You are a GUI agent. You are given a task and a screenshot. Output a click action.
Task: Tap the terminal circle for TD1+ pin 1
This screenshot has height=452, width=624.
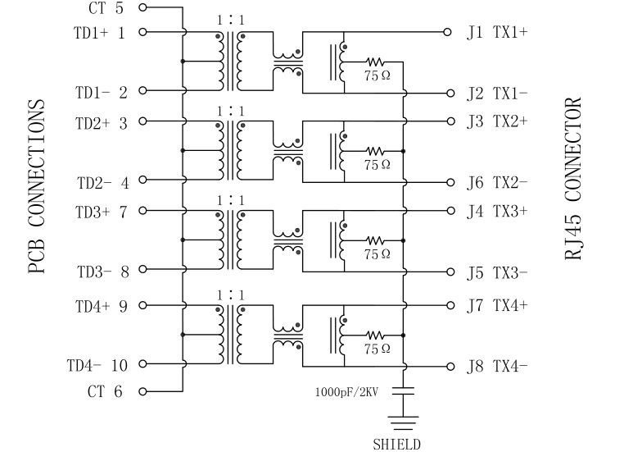click(x=143, y=33)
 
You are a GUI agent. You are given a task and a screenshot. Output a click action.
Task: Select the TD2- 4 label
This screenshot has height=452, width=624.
click(x=102, y=182)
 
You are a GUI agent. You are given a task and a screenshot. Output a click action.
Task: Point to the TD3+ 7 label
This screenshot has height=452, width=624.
click(x=102, y=212)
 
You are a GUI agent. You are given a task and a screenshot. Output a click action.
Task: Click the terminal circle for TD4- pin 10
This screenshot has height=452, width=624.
click(x=143, y=365)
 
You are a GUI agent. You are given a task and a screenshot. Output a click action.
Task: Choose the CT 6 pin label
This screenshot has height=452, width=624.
click(x=105, y=392)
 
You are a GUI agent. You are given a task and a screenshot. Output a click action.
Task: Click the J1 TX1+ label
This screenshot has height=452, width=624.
click(x=497, y=33)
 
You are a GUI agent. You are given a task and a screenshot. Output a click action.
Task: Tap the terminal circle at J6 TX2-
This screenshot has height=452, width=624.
click(x=448, y=182)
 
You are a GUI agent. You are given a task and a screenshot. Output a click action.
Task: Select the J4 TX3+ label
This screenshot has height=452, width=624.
click(x=497, y=211)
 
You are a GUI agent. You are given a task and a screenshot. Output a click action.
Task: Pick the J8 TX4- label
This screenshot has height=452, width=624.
click(x=497, y=367)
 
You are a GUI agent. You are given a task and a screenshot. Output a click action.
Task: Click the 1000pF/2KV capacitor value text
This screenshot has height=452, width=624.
click(x=350, y=392)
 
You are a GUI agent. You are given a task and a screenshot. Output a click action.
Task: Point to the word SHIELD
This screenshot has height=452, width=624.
click(x=396, y=445)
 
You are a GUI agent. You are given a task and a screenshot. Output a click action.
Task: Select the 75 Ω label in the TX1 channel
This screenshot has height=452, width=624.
click(x=378, y=75)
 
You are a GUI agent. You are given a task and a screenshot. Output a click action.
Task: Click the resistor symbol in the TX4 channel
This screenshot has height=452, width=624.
click(x=375, y=335)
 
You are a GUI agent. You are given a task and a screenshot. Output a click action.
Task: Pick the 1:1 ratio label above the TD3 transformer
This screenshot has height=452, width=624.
click(x=230, y=199)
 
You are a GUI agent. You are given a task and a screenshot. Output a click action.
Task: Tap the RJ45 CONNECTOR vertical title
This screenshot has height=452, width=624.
click(x=574, y=179)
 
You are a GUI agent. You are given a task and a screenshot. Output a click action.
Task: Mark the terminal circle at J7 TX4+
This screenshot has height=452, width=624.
click(x=448, y=305)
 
